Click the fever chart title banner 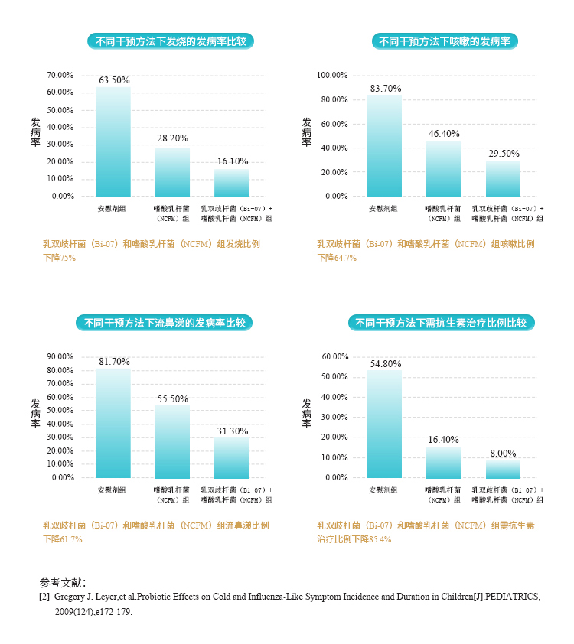coord(171,41)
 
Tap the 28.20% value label coord(172,138)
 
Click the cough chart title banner coord(445,41)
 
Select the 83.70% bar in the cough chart coord(385,145)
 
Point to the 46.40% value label coord(444,134)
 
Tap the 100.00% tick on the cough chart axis coord(332,76)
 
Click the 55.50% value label coord(172,399)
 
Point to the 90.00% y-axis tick coord(60,357)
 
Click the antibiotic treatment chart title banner coord(441,323)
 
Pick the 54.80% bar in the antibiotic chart coord(385,424)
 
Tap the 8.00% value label coord(503,454)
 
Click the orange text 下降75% coord(59,258)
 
